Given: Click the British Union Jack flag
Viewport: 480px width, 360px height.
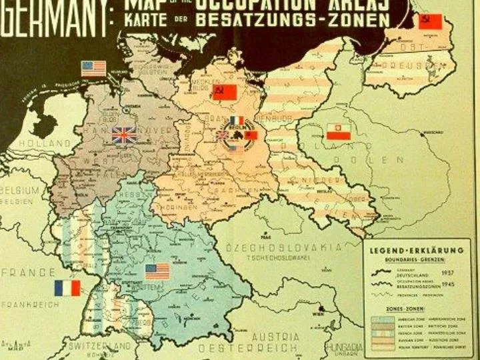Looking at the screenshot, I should coord(124,136).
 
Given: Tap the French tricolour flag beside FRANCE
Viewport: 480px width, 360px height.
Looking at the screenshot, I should coord(67,288).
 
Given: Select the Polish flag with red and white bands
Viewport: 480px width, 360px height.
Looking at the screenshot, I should coord(339,131).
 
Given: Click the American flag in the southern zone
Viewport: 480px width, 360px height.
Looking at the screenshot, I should coord(158,271).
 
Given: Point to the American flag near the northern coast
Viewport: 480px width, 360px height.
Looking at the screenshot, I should coord(94,68).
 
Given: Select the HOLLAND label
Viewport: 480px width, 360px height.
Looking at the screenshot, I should coord(44,143).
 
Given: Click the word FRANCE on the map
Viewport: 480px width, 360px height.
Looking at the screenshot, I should coord(28,272).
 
